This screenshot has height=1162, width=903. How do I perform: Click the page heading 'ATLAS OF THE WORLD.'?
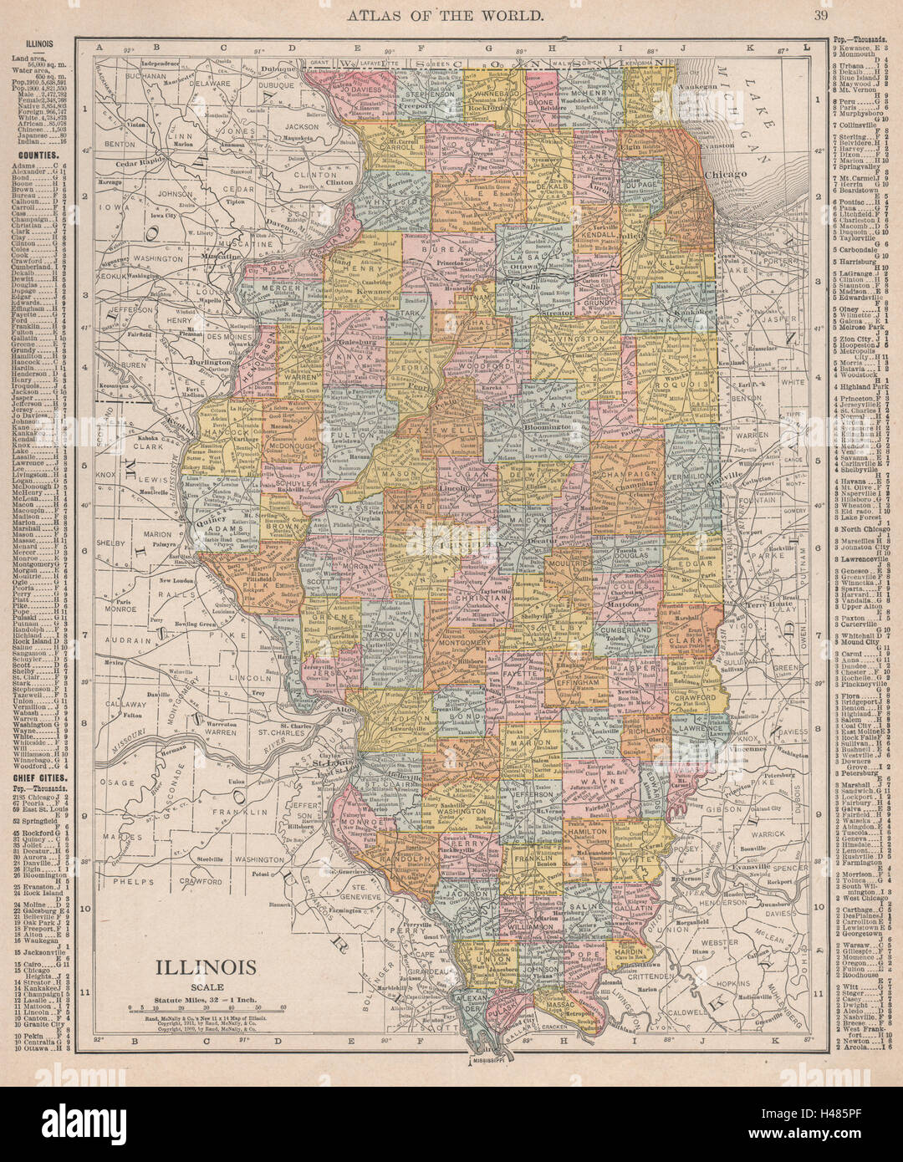[451, 15]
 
